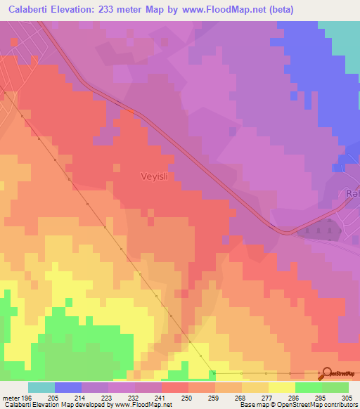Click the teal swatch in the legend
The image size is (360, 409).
coord(41,387)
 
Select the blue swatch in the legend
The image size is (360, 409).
coord(68,387)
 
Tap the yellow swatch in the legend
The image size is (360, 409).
coord(282,387)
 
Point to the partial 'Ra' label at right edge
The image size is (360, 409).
coord(353,194)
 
